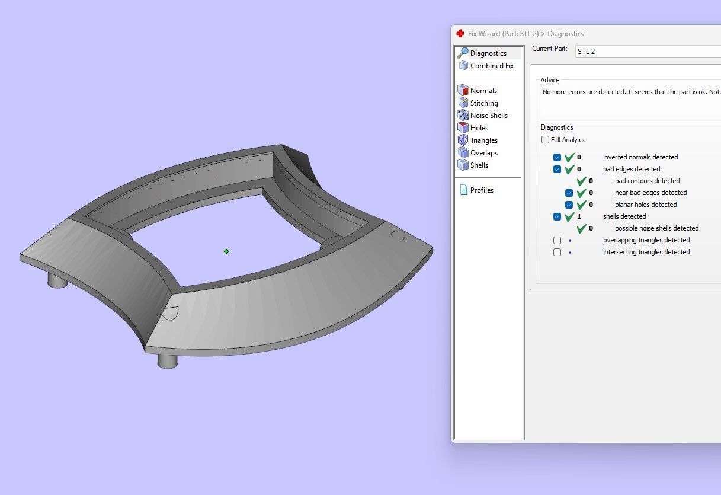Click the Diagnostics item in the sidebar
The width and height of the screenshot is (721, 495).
pos(488,53)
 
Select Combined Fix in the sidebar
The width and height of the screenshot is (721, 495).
pos(491,66)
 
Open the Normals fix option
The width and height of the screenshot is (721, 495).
pos(483,91)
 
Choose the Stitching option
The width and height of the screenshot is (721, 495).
pos(483,103)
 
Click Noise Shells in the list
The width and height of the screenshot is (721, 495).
pos(488,116)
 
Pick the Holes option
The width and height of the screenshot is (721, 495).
pos(479,128)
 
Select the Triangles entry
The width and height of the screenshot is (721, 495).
pos(483,140)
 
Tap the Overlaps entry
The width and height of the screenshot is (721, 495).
pos(483,153)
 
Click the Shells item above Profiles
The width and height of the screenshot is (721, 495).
pos(479,165)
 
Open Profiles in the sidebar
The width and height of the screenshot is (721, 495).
pos(481,190)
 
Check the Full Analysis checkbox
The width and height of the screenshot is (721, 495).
pos(545,140)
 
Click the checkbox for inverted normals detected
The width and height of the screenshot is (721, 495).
pos(557,158)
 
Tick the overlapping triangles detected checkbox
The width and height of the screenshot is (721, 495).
pos(557,241)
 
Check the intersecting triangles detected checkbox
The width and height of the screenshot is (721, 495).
pos(557,253)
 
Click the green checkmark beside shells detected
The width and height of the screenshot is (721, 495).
pos(569,216)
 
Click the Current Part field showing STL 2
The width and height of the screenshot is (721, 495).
pos(646,52)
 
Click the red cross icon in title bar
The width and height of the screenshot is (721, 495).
pos(460,34)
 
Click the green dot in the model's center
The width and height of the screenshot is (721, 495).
pos(226,251)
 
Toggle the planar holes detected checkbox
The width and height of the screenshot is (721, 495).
pos(569,205)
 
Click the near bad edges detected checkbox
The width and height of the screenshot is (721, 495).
pos(569,193)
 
